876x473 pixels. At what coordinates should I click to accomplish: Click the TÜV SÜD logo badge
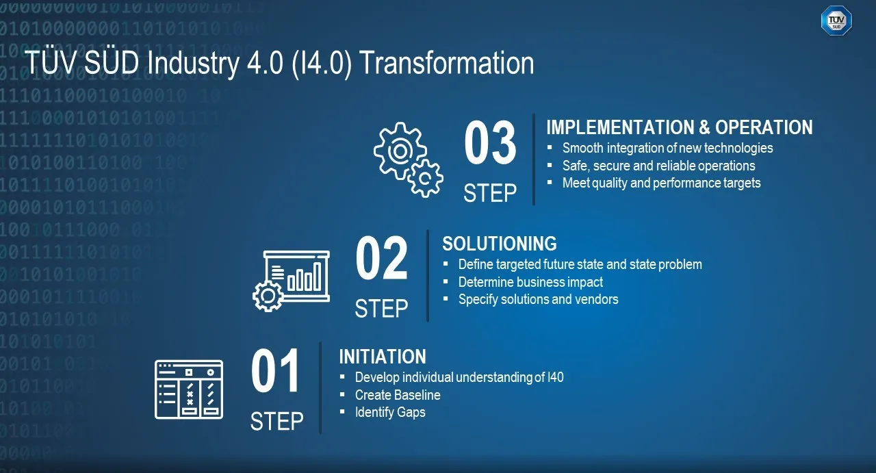click(x=836, y=21)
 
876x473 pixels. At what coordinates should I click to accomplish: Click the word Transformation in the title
click(x=446, y=63)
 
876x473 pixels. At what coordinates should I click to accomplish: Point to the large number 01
click(x=276, y=372)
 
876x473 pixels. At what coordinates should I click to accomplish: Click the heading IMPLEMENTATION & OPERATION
click(x=679, y=127)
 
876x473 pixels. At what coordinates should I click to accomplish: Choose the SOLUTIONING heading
click(x=499, y=244)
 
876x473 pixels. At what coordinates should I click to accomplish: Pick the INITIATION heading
click(x=382, y=357)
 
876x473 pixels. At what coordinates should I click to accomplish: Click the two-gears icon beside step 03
click(x=408, y=159)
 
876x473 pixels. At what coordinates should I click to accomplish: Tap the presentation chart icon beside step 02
click(x=292, y=279)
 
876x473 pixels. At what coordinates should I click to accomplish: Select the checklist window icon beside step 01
click(x=189, y=389)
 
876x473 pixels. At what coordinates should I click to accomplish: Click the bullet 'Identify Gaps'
click(x=390, y=412)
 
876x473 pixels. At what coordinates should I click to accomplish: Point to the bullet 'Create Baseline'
click(x=398, y=395)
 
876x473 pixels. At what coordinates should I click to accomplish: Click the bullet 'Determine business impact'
click(x=530, y=282)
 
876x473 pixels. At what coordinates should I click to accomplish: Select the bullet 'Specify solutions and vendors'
click(x=538, y=299)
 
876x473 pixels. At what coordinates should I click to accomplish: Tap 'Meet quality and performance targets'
click(x=661, y=183)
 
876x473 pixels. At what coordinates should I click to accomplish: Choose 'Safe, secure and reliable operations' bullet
click(x=658, y=166)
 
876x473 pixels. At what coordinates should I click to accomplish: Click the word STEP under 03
click(x=490, y=193)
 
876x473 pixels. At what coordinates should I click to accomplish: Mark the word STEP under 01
click(x=276, y=421)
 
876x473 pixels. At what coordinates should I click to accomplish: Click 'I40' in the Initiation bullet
click(x=556, y=377)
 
